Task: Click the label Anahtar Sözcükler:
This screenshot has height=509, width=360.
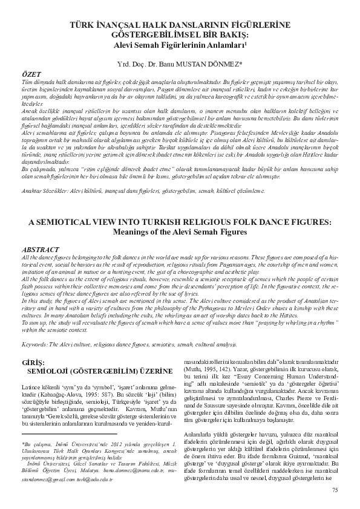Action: coord(44,190)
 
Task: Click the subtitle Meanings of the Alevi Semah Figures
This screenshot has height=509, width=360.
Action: coord(180,231)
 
